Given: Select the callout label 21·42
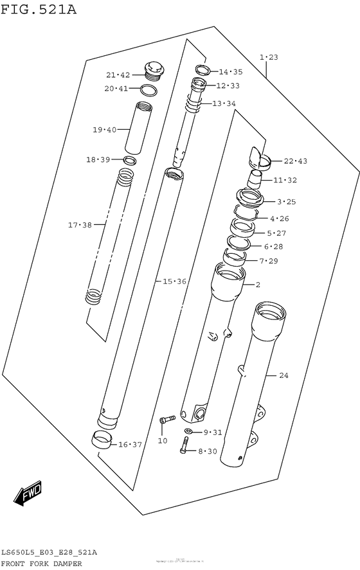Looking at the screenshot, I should pyautogui.click(x=118, y=75).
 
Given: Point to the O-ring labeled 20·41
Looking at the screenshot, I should pyautogui.click(x=148, y=89).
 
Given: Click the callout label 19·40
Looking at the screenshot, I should pyautogui.click(x=104, y=130).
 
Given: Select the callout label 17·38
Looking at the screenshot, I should pyautogui.click(x=80, y=225).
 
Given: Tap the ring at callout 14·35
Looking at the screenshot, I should pyautogui.click(x=201, y=70).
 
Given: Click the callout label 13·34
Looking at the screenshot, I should pyautogui.click(x=224, y=103).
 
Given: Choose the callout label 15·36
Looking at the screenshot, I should pyautogui.click(x=174, y=281).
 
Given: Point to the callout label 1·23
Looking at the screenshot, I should pyautogui.click(x=269, y=58).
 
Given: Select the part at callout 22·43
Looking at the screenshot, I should pyautogui.click(x=258, y=156).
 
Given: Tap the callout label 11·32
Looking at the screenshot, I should pyautogui.click(x=284, y=181).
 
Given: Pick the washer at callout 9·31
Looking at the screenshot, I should pyautogui.click(x=188, y=431).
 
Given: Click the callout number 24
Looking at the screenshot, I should pyautogui.click(x=283, y=375).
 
